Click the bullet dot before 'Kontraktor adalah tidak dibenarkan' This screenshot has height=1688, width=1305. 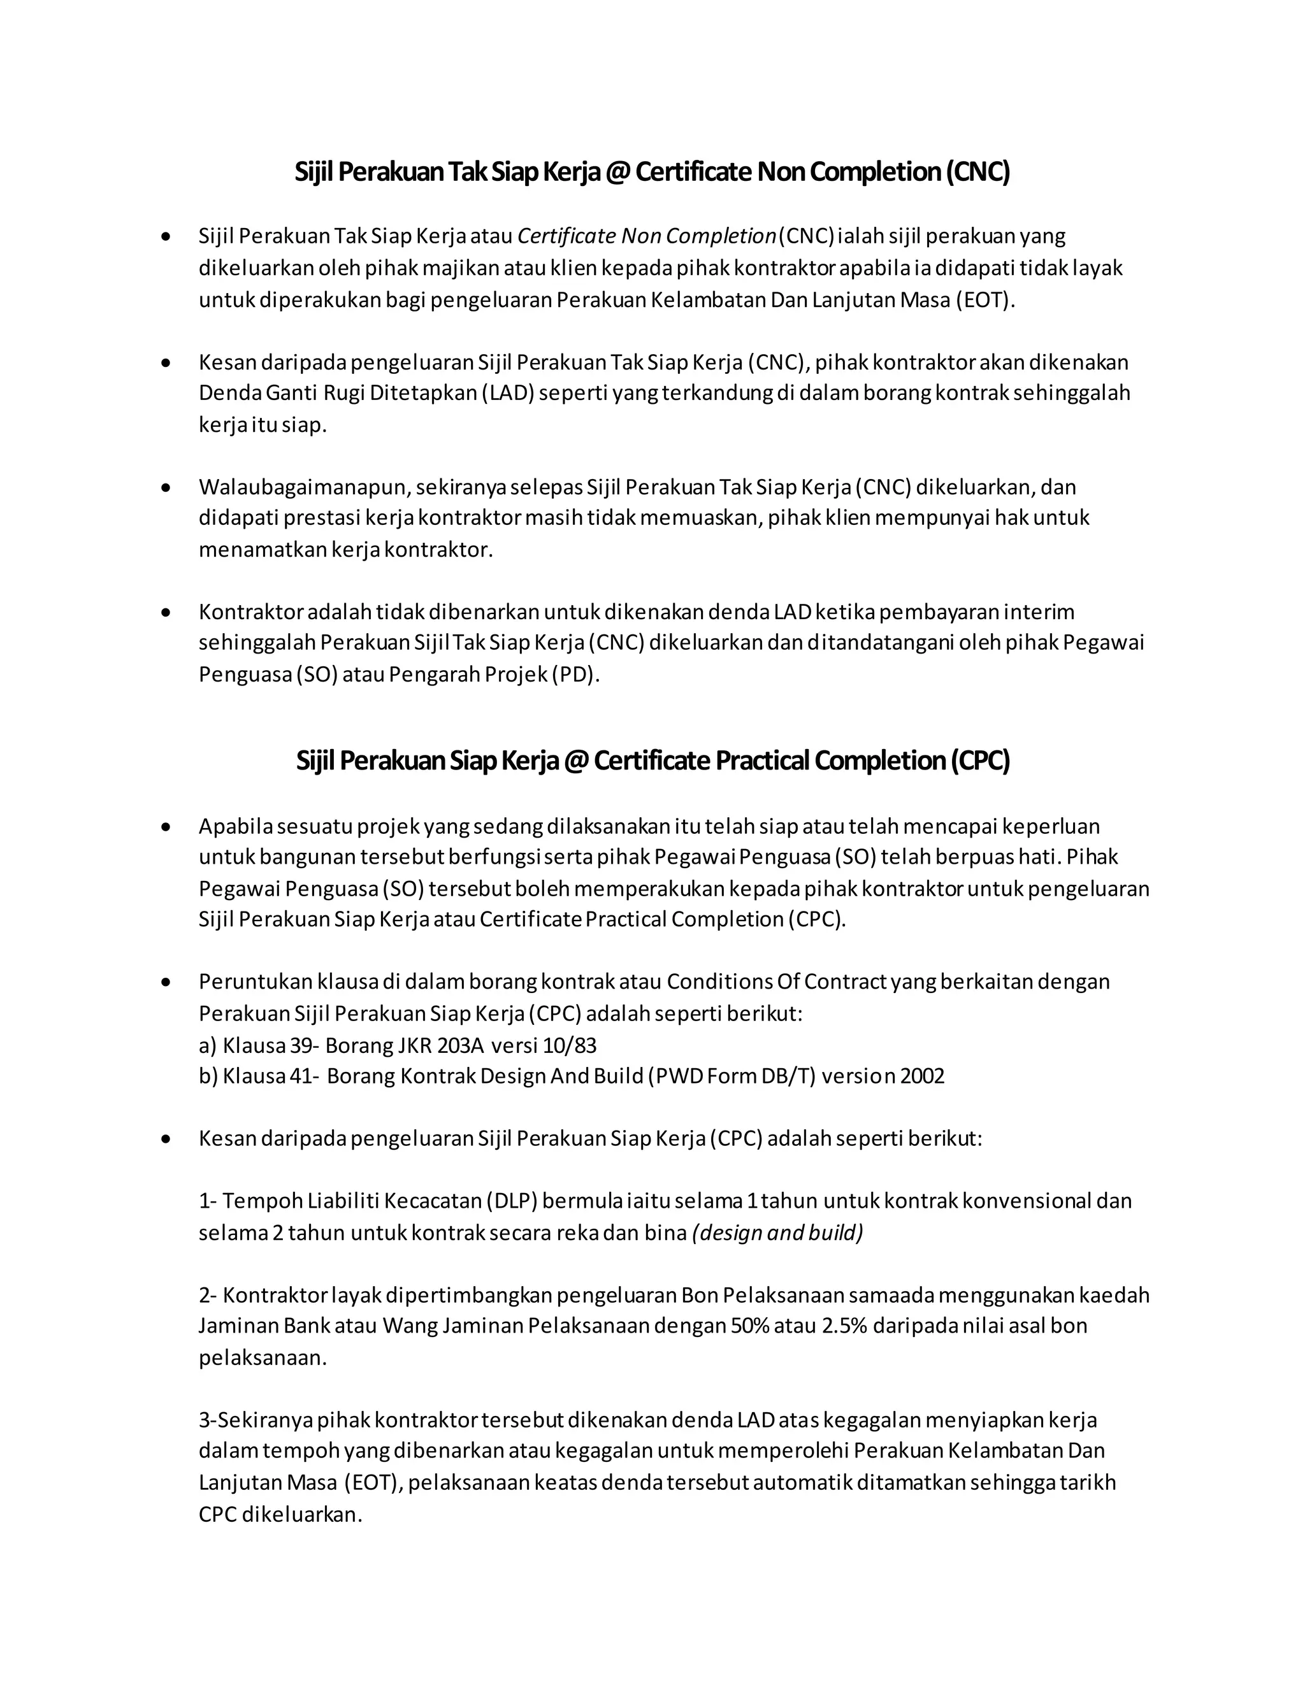coord(166,612)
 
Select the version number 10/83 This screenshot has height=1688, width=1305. coord(570,1046)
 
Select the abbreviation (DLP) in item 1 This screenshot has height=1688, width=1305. coord(511,1201)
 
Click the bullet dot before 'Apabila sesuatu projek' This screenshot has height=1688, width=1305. coord(166,827)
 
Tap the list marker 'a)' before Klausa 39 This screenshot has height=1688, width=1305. coord(208,1046)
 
